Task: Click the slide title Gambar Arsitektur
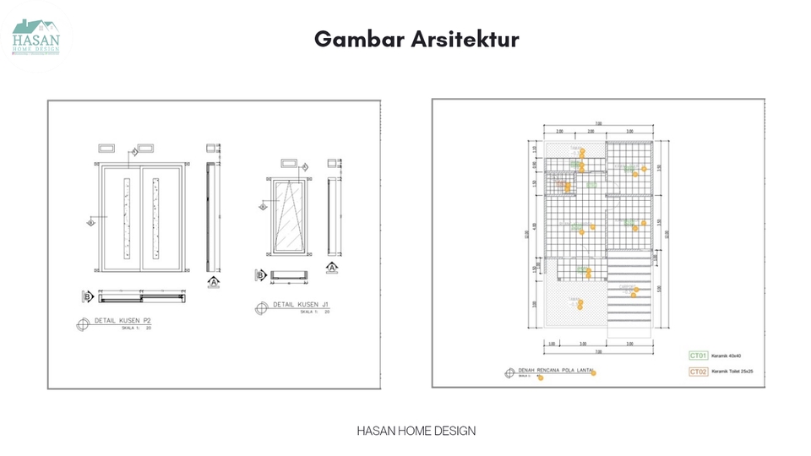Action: pos(416,39)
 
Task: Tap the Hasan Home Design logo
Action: pos(36,36)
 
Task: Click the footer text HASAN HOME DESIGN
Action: pos(416,431)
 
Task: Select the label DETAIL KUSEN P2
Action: pos(122,322)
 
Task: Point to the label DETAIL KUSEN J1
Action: pos(300,305)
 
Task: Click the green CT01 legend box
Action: pos(698,356)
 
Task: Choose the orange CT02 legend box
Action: pos(698,372)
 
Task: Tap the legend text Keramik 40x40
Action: pos(730,356)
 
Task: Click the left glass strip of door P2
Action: pos(126,217)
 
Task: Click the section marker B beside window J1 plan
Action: pos(261,274)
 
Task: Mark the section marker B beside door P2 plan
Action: pos(88,296)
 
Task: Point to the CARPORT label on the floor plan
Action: pos(628,287)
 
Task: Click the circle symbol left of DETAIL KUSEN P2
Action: pos(83,323)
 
